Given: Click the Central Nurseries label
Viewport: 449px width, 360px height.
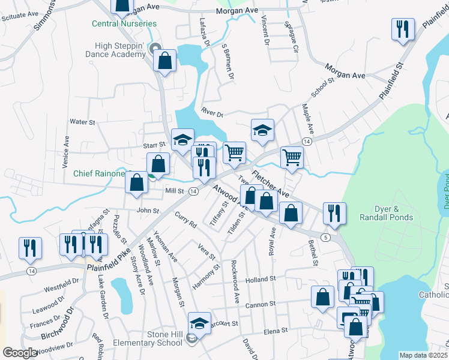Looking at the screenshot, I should point(124,24).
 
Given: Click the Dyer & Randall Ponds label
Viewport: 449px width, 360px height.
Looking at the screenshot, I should point(385,214).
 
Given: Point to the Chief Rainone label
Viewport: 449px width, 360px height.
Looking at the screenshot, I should point(100,173).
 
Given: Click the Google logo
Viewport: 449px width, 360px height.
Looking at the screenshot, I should point(20,353).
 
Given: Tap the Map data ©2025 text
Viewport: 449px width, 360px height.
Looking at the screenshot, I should point(423,355).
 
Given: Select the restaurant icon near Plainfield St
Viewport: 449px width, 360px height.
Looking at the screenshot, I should point(402,29).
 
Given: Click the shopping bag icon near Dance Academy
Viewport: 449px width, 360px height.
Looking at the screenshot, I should point(164,60).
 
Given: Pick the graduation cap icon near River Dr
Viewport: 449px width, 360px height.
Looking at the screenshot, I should point(262,132).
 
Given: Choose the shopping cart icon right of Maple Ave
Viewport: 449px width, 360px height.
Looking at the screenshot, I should point(292,157).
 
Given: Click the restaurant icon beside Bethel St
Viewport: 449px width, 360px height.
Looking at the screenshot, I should point(333,212).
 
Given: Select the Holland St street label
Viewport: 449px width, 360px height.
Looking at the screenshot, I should point(260,279).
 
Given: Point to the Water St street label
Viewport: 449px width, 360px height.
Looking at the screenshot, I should point(83,122).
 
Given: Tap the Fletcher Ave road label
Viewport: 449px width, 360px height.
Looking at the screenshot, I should point(270,185).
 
